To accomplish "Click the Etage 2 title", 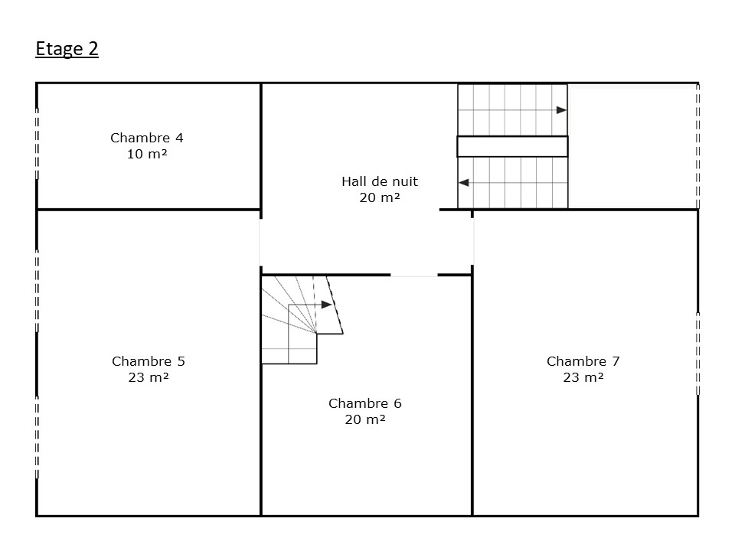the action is tap(67, 49).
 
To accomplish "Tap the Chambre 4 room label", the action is tap(147, 138).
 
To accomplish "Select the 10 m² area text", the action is tap(147, 154).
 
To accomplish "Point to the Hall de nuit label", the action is tap(380, 181).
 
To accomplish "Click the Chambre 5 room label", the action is tap(149, 361).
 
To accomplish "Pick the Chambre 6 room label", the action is tap(365, 403).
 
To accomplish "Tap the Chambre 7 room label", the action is tap(583, 361).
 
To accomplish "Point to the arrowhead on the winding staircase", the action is tap(327, 305).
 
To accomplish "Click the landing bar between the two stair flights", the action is tap(512, 146).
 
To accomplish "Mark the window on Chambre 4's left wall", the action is tap(37, 143).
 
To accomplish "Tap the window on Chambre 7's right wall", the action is tap(698, 354).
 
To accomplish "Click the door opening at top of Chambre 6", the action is tap(414, 275).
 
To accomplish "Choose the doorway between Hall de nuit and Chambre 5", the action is tap(260, 243).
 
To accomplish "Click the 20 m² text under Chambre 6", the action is tap(365, 419).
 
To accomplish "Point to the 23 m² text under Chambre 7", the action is tap(583, 377).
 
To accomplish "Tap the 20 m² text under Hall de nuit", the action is tap(380, 197).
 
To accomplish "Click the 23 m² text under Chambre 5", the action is tap(149, 377).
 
